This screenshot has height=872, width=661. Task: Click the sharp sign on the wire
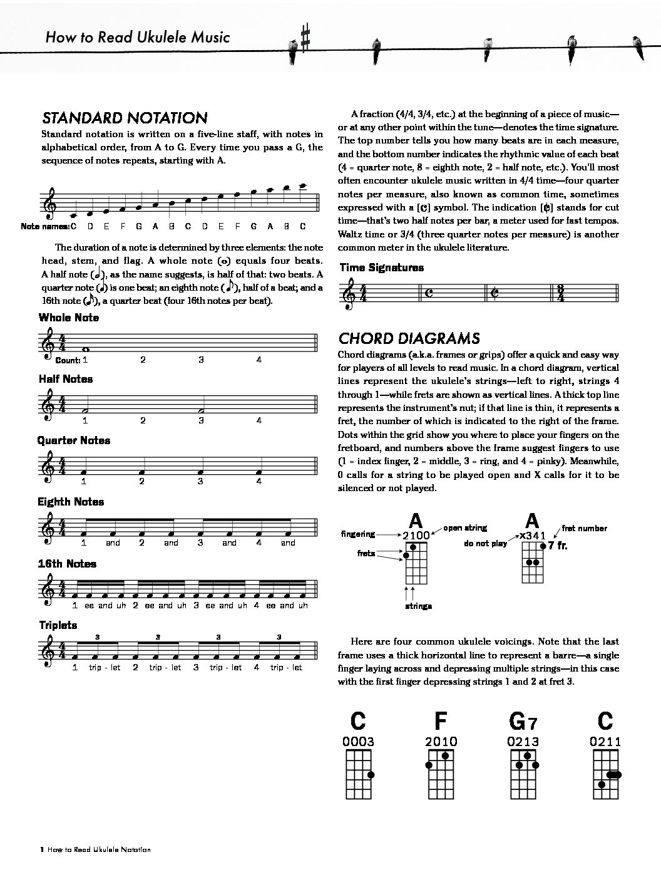(305, 38)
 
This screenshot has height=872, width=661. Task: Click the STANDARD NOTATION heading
(125, 118)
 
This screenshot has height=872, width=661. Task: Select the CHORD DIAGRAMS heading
(409, 338)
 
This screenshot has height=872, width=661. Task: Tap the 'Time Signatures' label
(382, 267)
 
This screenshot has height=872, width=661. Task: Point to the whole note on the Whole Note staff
(85, 350)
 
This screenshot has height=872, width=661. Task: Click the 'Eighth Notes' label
(71, 502)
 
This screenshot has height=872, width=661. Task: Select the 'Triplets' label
(58, 625)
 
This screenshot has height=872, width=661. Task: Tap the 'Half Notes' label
(66, 379)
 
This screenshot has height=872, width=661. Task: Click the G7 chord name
(523, 722)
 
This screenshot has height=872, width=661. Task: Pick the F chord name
(441, 722)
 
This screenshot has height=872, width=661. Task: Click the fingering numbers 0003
(359, 742)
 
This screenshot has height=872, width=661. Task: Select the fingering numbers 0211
(605, 742)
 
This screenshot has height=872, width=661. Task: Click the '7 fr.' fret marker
(558, 545)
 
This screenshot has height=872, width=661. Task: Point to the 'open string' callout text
(465, 528)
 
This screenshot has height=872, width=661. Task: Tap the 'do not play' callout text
(486, 543)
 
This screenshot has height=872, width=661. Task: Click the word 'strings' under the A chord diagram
(419, 606)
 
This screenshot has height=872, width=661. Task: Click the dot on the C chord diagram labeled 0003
(371, 775)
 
